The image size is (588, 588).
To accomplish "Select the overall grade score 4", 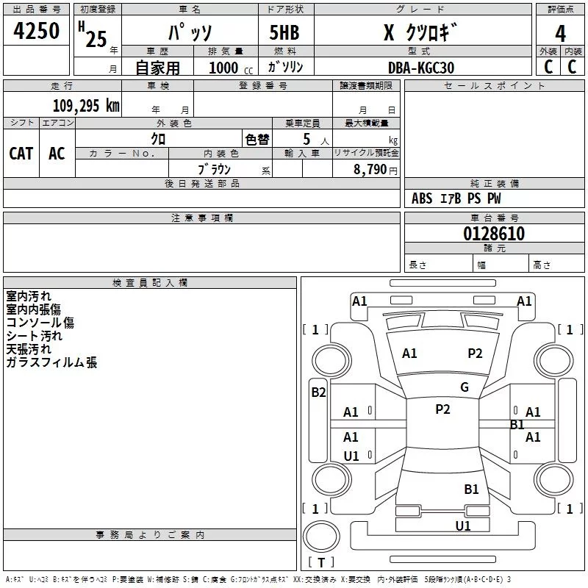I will (x=561, y=34).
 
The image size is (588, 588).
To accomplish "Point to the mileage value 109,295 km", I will (x=85, y=106).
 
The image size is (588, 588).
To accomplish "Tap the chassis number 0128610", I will (x=494, y=234).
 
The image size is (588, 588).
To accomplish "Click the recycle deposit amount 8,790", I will (x=370, y=170).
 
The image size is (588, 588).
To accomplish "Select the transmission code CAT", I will (x=21, y=153).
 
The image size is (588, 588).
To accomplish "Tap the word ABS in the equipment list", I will (x=422, y=198).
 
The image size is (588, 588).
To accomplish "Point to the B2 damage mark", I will (x=318, y=392).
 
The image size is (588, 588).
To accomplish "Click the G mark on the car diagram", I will (x=465, y=387).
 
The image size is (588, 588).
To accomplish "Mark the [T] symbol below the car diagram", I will (x=320, y=562).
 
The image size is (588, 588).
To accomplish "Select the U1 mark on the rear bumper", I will (x=463, y=526).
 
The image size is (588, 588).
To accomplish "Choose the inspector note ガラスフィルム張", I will (x=51, y=362).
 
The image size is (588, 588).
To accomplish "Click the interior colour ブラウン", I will (x=215, y=170).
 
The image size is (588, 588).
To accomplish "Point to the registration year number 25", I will (x=96, y=39).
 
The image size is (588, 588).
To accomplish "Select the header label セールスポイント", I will (x=495, y=86).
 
